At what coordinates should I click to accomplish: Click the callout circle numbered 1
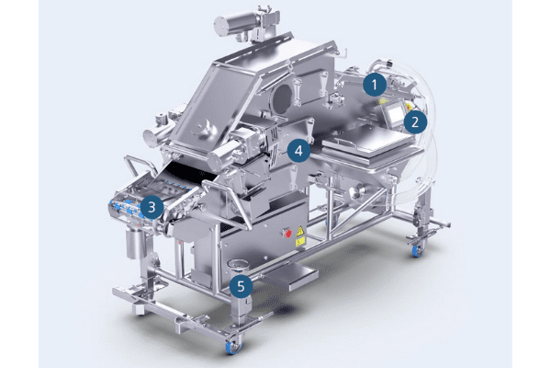[x=375, y=85]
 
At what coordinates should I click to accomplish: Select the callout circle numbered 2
[x=415, y=121]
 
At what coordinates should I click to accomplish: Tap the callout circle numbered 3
[x=152, y=207]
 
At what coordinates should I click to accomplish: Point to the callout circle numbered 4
[x=298, y=151]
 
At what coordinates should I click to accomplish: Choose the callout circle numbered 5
[x=241, y=286]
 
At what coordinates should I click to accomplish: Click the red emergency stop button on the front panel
[x=287, y=233]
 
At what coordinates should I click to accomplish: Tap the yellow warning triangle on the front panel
[x=300, y=231]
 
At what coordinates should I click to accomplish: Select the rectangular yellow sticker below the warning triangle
[x=300, y=241]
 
